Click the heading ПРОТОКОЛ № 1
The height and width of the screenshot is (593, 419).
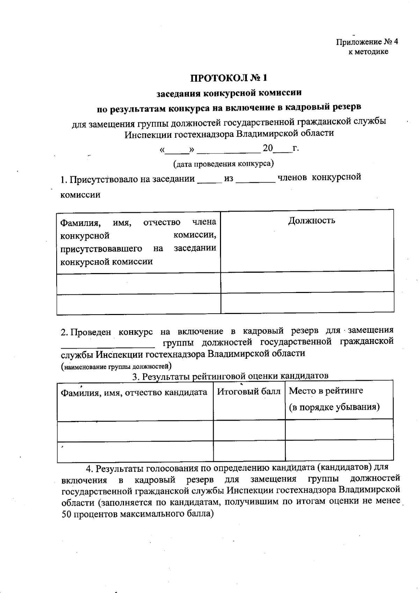coord(230,77)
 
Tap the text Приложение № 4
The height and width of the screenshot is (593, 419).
coord(367,42)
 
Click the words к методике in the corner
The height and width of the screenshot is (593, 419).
coord(368,52)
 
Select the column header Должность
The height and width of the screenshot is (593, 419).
coord(311,220)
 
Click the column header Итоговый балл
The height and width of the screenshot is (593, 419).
coord(249,391)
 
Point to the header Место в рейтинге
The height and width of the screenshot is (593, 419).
coord(326,391)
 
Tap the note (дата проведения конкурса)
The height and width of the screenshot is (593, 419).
coord(223,163)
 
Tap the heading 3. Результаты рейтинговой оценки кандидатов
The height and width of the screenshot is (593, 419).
coord(230,376)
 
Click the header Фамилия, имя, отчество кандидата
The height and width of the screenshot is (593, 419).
coord(134,392)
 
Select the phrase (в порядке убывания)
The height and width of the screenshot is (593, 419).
coord(334,407)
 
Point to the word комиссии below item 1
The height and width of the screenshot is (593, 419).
coord(80,195)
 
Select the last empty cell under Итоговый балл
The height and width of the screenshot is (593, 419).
coord(249,451)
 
